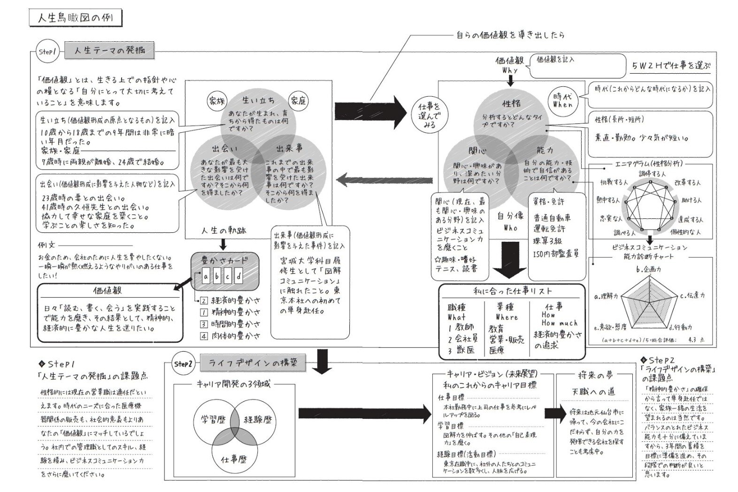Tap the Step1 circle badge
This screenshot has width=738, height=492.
[47, 52]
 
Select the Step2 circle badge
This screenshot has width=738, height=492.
[183, 364]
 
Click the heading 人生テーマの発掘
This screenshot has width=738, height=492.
[109, 50]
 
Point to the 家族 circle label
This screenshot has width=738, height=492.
[217, 101]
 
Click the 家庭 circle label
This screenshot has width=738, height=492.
[298, 100]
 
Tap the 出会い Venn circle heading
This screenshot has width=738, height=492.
[224, 149]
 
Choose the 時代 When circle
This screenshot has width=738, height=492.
[562, 100]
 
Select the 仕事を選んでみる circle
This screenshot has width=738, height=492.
[429, 115]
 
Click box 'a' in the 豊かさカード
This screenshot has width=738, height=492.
[206, 277]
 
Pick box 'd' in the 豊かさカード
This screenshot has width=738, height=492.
[239, 277]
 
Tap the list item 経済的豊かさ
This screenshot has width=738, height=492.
[235, 300]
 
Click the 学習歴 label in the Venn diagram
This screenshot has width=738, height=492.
[213, 420]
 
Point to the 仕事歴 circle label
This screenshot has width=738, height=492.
[233, 459]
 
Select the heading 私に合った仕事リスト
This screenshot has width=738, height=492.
[512, 291]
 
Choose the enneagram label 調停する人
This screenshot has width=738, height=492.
[652, 174]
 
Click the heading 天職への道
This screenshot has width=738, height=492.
[593, 392]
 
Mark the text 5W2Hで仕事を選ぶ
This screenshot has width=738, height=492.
[670, 66]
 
